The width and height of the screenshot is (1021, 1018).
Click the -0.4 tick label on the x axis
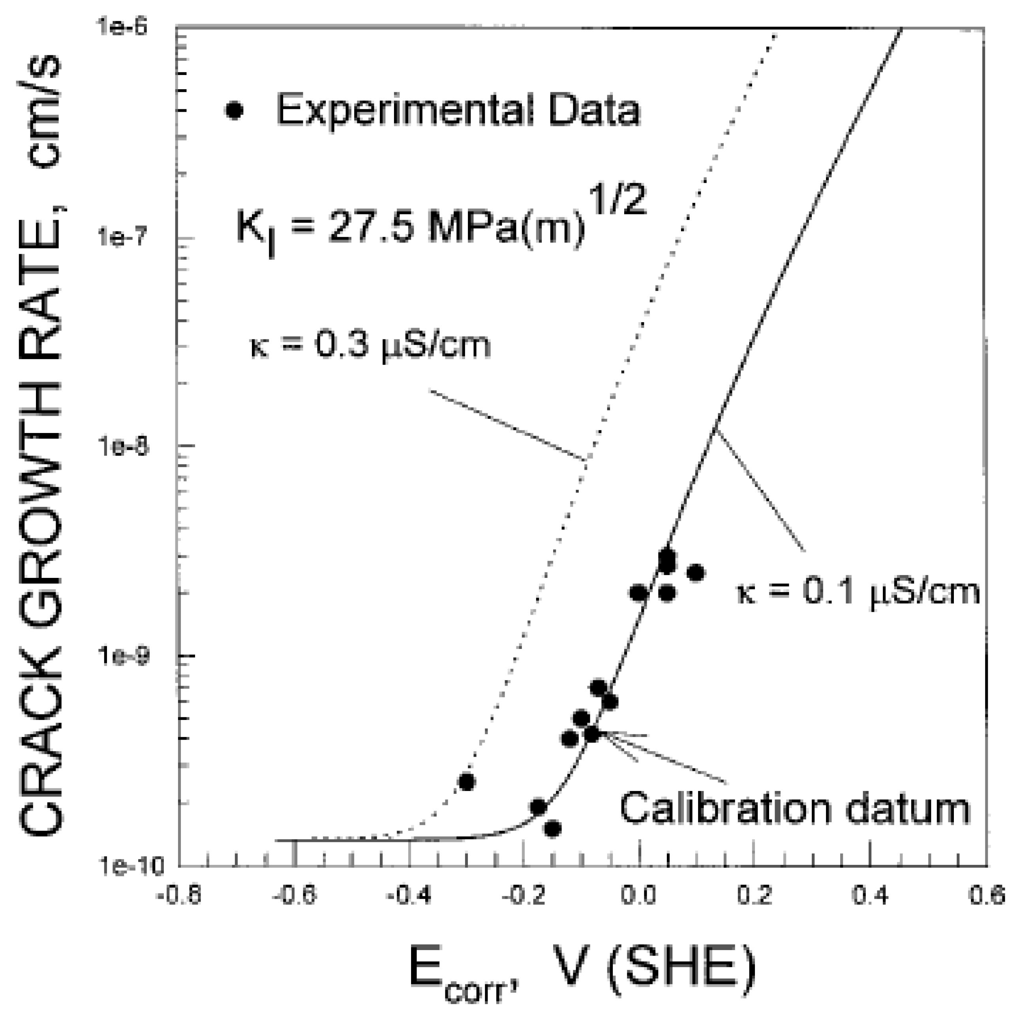[409, 897]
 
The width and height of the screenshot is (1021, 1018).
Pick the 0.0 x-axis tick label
[640, 897]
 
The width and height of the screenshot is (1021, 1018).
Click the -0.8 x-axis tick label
[178, 897]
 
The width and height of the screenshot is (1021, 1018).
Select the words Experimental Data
[458, 110]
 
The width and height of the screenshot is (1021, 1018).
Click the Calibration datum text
[795, 808]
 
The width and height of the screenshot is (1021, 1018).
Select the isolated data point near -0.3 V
[466, 781]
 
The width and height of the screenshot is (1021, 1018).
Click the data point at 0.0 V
[639, 593]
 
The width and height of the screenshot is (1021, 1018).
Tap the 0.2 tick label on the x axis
[754, 897]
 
